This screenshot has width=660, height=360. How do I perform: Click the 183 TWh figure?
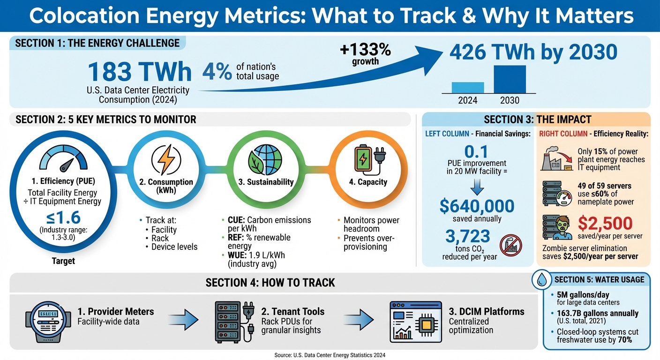pyautogui.click(x=140, y=72)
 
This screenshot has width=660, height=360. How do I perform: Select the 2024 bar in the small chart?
pyautogui.click(x=468, y=88)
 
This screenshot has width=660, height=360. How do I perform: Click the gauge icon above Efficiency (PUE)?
pyautogui.click(x=63, y=159)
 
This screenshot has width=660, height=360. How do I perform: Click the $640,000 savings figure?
pyautogui.click(x=477, y=206)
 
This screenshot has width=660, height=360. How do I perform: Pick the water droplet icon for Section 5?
pyautogui.click(x=542, y=280)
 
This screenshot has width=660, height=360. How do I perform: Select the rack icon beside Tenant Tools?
pyautogui.click(x=233, y=320)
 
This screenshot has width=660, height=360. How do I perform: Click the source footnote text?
pyautogui.click(x=330, y=355)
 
